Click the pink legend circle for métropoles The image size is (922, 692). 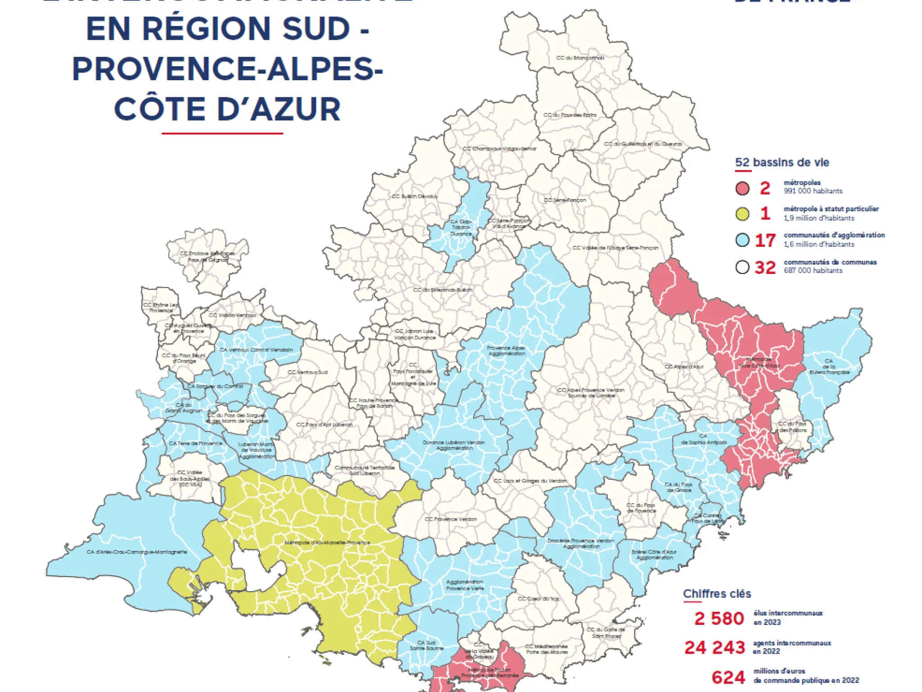click(742, 188)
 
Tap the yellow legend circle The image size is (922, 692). click(742, 214)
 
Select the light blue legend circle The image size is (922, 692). click(742, 240)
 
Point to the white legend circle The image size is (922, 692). click(742, 267)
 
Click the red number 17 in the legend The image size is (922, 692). click(765, 241)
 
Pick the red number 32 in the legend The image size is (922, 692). click(765, 268)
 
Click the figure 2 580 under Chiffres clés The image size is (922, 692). click(719, 618)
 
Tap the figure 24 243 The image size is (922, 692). click(714, 647)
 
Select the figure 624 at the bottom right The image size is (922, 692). click(728, 677)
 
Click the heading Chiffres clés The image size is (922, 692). click(717, 594)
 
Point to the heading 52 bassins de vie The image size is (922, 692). click(782, 163)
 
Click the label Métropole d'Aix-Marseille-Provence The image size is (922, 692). click(327, 542)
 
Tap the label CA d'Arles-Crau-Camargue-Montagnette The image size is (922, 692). click(137, 552)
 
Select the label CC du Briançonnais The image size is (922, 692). click(580, 58)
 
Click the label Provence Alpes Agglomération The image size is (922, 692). click(506, 351)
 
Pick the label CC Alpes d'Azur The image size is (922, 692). click(683, 367)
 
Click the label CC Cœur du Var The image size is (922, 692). click(538, 599)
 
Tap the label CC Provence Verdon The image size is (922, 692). click(451, 519)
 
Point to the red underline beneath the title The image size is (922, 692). click(222, 133)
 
